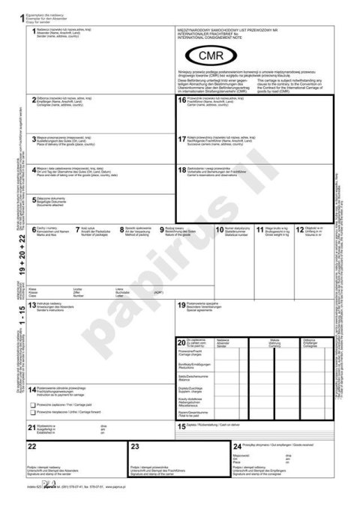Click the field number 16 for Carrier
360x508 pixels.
pyautogui.click(x=181, y=100)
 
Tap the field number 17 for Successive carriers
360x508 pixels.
pyautogui.click(x=181, y=139)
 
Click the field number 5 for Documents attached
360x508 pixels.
pyautogui.click(x=34, y=199)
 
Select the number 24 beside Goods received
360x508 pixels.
pyautogui.click(x=237, y=446)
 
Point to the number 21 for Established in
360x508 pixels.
pyautogui.click(x=31, y=426)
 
